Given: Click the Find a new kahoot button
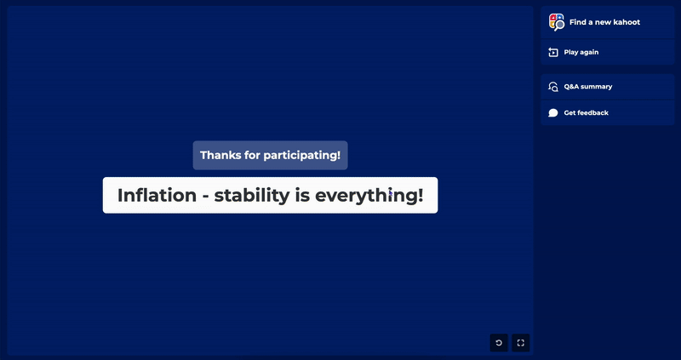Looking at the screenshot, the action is pos(607,22).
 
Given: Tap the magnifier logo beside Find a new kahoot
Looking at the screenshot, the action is pos(557,22).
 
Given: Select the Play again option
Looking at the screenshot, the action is pos(607,52).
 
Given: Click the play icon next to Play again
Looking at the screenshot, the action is pos(552,52).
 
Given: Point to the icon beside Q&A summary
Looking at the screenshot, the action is pos(552,87).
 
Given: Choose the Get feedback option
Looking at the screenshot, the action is pos(607,113).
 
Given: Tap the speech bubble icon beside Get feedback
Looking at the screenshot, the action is pos(552,113).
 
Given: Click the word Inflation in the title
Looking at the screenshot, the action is pos(157,195).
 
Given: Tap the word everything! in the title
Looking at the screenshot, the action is pos(369,196).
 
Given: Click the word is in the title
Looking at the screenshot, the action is pos(302,195).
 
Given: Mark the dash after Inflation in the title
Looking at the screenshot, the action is pos(205,197).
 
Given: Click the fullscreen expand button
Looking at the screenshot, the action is pos(521,343).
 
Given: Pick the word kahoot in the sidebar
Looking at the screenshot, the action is pos(625,22).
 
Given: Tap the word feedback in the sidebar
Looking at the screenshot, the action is pos(592,113).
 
